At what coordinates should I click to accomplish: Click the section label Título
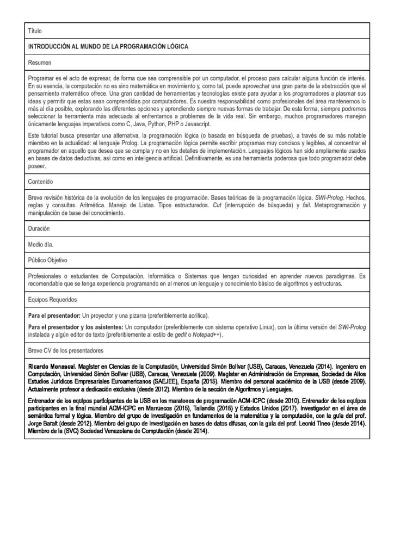tap(34, 32)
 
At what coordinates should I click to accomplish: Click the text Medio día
tap(41, 244)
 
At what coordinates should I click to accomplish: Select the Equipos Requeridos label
tap(52, 300)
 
